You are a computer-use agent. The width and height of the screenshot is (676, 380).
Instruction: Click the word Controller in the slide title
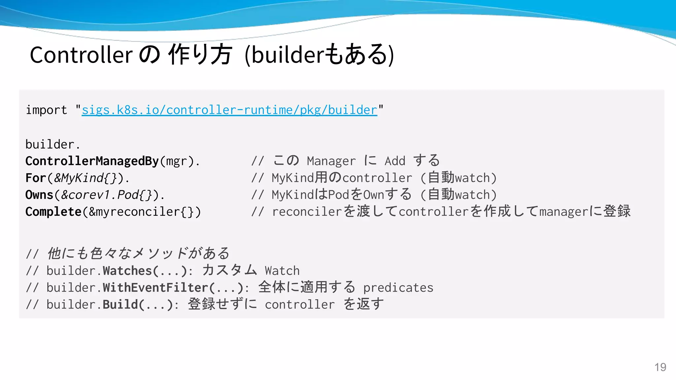point(81,55)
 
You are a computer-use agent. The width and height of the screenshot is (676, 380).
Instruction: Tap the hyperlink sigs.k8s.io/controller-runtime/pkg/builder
point(229,110)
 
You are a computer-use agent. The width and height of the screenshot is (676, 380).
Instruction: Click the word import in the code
point(46,110)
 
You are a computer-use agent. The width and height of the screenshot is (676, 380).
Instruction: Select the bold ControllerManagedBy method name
point(92,161)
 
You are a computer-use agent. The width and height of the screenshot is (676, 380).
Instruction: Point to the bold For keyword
point(36,178)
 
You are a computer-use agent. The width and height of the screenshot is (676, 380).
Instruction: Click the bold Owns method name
point(39,195)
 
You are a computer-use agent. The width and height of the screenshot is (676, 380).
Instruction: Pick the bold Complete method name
point(53,212)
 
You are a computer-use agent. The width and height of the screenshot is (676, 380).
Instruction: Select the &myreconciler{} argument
point(141,212)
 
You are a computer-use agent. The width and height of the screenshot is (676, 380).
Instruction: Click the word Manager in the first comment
point(331,161)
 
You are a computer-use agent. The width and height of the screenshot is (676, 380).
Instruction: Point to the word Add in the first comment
point(395,161)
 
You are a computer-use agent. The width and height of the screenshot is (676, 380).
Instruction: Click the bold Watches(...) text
point(145,271)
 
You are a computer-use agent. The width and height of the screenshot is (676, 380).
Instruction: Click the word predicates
point(398,288)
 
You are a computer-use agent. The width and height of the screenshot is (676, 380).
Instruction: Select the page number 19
point(660,367)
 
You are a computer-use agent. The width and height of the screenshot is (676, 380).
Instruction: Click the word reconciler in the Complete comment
point(307,212)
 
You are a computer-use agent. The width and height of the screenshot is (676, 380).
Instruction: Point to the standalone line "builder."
point(53,144)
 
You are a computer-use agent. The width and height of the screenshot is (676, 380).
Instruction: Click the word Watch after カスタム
point(282,271)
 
